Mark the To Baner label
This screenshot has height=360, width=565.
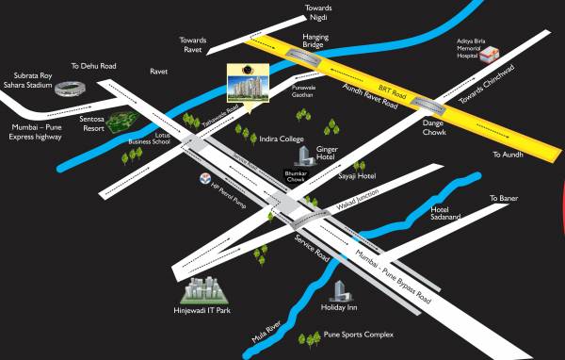point(504,198)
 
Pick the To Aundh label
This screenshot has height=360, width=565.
point(506,154)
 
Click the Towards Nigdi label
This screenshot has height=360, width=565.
point(318,12)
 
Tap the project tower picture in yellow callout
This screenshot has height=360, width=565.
point(247,87)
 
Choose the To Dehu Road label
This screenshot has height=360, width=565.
point(94,67)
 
